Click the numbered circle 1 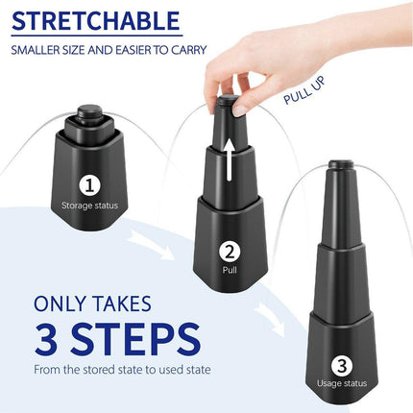pos(88,184)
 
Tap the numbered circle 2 pos(230,253)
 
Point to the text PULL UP pos(309,88)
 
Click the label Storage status pos(88,205)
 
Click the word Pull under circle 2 pos(230,272)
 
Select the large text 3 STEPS pos(117,339)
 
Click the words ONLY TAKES pos(92,304)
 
